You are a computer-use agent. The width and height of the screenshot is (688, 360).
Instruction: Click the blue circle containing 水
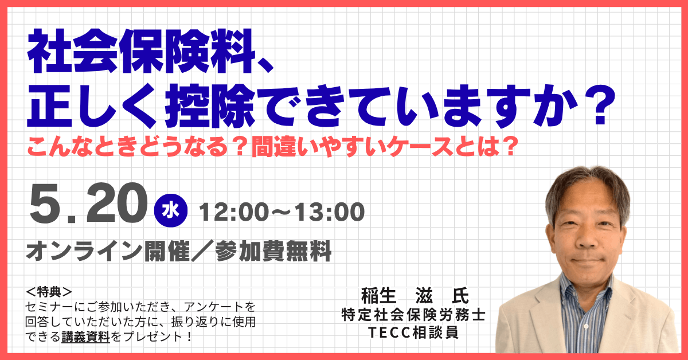pos(171,211)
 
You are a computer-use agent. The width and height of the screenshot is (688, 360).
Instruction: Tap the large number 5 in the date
pos(44,203)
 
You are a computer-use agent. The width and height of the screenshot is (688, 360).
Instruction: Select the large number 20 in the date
pos(117,203)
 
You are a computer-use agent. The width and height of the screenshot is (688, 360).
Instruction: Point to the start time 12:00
pos(234,212)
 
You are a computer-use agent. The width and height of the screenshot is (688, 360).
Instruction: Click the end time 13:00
pos(330,212)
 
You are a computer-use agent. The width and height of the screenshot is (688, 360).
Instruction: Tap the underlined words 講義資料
pos(85,337)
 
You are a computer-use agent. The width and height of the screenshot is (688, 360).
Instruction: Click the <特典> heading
pos(49,292)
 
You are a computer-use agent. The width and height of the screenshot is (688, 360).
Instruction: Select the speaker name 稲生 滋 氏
pos(415,296)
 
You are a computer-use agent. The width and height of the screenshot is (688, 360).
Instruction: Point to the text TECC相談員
pos(413,332)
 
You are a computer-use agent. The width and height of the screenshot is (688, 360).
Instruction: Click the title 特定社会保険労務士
pos(413,315)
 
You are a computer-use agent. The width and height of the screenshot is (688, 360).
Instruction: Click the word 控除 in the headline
pos(210,105)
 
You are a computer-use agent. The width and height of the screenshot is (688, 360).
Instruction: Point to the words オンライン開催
pos(108,251)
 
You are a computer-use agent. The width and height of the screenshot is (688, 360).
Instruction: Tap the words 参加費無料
pos(273,251)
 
